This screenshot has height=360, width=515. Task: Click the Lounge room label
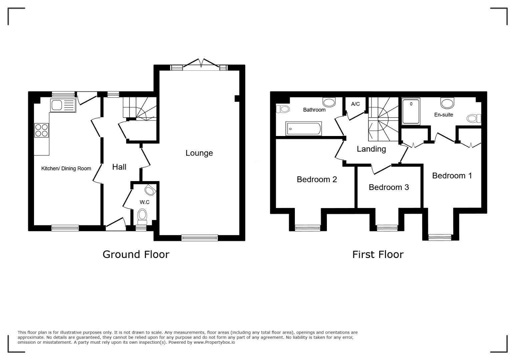(x=199, y=153)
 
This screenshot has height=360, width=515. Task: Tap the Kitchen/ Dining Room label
(x=66, y=168)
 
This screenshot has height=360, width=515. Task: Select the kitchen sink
(x=63, y=105)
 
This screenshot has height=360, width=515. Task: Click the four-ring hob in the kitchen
(x=42, y=130)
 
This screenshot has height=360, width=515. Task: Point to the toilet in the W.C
(x=142, y=217)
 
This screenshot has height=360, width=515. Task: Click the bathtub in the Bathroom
(x=304, y=128)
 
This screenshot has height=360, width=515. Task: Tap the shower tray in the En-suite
(x=411, y=111)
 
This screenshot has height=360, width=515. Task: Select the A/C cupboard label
(x=355, y=104)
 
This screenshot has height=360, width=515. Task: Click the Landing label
(x=371, y=149)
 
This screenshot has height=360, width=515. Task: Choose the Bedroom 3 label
(x=389, y=187)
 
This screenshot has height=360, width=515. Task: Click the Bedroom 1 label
(x=452, y=176)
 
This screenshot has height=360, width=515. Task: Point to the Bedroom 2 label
(x=317, y=179)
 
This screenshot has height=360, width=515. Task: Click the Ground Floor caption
(x=136, y=255)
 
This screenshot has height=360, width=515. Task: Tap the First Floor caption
(x=378, y=255)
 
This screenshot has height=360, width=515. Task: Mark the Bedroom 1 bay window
(x=440, y=237)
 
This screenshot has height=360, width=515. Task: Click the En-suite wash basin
(x=447, y=102)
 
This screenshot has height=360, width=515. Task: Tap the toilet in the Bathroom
(x=282, y=109)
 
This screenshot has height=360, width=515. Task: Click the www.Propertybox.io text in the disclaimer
(x=214, y=342)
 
